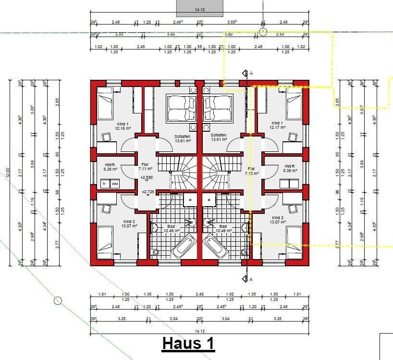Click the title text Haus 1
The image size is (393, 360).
point(188,344)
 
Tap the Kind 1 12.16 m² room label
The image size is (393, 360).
point(123,126)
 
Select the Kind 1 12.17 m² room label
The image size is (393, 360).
point(277,125)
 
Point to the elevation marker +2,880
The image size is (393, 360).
point(146,178)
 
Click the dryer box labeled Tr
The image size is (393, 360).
point(104,184)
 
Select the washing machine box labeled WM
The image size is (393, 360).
point(114,184)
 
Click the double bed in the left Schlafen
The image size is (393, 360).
point(181,108)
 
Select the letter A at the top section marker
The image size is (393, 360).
point(251,73)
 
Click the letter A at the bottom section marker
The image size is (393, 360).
point(251,279)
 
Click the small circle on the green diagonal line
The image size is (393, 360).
point(58,301)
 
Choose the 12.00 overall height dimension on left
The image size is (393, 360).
point(7,172)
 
